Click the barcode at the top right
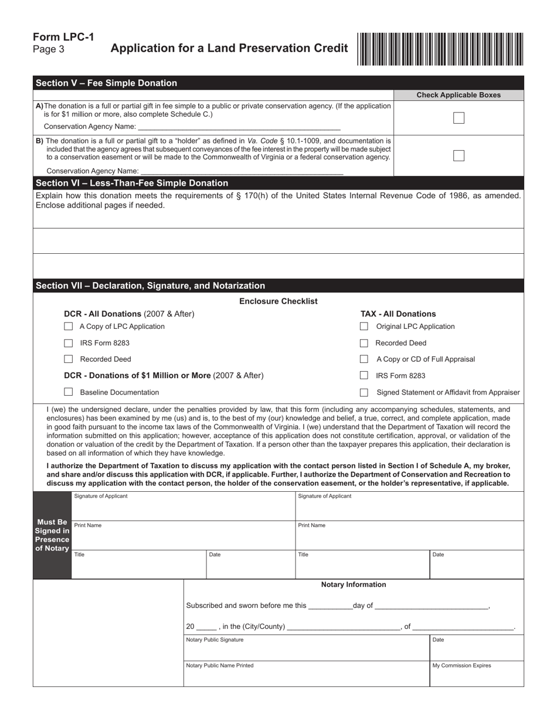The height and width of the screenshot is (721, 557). [440, 49]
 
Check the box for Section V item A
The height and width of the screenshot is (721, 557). [459, 118]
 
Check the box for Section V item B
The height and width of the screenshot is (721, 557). [459, 156]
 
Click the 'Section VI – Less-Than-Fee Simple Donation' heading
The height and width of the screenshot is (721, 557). [133, 183]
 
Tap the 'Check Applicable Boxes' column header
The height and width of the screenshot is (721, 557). [458, 95]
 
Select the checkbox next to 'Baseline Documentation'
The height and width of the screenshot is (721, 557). [69, 392]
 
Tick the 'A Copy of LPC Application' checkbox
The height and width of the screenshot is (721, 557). [69, 327]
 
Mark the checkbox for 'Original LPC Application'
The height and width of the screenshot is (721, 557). [364, 327]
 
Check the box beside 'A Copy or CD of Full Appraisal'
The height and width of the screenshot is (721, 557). [364, 359]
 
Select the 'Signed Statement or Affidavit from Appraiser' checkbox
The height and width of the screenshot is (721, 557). [364, 392]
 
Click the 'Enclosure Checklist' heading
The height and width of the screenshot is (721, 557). [278, 301]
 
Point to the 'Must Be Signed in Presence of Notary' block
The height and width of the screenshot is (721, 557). [52, 535]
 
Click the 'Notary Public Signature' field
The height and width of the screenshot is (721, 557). [307, 648]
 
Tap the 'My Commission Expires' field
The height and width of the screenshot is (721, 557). [477, 674]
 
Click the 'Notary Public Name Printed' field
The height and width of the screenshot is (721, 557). [307, 674]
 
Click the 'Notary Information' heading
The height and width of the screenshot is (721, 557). [354, 584]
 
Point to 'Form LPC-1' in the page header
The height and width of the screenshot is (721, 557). [63, 37]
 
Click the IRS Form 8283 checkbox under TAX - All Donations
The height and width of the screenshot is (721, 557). [364, 375]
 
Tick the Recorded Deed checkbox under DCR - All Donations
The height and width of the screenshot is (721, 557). [69, 359]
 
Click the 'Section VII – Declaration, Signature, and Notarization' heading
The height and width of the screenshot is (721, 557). [151, 285]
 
